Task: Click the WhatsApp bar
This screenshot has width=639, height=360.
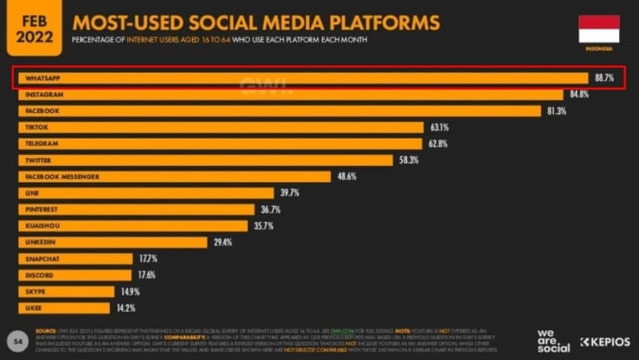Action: pyautogui.click(x=300, y=78)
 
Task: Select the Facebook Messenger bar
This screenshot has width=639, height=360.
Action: pyautogui.click(x=175, y=176)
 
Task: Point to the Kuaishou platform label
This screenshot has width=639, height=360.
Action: pyautogui.click(x=42, y=225)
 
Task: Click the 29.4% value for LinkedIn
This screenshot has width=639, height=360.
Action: pyautogui.click(x=222, y=242)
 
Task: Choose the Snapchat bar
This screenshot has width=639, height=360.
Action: pyautogui.click(x=75, y=259)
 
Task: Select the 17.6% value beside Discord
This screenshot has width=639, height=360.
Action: pyautogui.click(x=146, y=275)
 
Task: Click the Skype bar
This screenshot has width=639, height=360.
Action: pyautogui.click(x=66, y=292)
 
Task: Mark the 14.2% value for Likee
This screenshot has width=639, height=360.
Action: pyautogui.click(x=125, y=308)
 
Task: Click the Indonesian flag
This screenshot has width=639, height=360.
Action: pyautogui.click(x=599, y=28)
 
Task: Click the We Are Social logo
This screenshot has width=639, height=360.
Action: pyautogui.click(x=552, y=341)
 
